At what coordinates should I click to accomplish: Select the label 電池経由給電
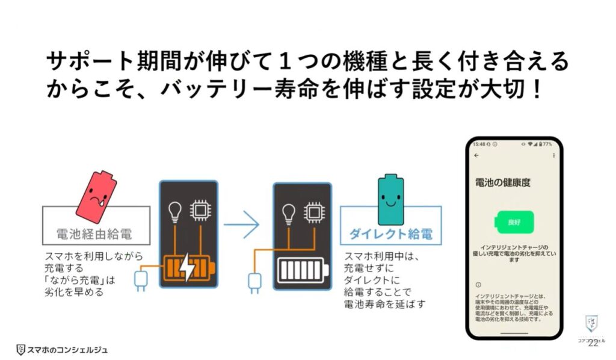click(95, 233)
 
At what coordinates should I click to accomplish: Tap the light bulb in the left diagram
click(174, 211)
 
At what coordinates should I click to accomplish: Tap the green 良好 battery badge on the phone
click(513, 223)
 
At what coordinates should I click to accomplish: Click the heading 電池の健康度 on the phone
click(494, 181)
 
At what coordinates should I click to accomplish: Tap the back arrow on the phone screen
click(476, 155)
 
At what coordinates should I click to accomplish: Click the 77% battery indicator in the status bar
click(546, 144)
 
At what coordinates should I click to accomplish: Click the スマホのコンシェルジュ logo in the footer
click(63, 349)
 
